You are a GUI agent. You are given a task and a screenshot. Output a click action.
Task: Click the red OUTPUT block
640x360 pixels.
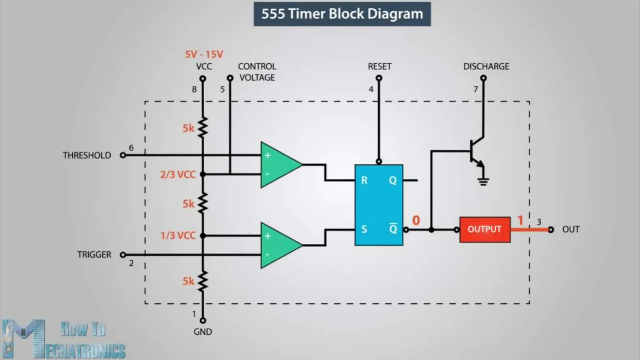tap(485, 230)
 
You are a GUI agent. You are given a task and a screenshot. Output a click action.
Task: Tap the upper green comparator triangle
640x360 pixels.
tap(278, 165)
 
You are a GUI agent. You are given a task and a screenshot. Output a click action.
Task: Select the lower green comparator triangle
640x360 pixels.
tap(278, 245)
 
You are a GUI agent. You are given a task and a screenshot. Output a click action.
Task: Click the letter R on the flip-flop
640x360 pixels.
tap(364, 180)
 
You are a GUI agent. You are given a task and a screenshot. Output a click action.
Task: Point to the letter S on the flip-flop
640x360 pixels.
tap(364, 229)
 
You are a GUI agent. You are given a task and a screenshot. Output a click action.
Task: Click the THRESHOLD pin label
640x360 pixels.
tap(87, 155)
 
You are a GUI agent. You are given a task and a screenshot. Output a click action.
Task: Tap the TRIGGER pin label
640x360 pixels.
tap(94, 255)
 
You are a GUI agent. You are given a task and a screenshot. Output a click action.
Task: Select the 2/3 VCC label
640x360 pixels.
tap(178, 174)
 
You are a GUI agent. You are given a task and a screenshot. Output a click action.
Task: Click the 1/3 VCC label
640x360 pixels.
tap(178, 235)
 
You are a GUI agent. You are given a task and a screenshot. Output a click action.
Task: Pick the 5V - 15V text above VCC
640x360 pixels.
tap(204, 54)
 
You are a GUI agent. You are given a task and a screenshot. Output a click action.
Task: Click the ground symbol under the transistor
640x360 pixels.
tap(483, 181)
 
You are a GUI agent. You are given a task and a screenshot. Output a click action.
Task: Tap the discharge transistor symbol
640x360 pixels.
tap(477, 152)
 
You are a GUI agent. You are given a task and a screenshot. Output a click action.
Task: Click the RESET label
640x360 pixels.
tap(379, 67)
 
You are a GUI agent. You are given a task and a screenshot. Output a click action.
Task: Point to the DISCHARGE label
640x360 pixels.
tap(486, 67)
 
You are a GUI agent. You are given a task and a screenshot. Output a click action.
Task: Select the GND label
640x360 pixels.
tap(202, 332)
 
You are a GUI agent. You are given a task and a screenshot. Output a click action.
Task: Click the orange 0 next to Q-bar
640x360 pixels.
tap(416, 220)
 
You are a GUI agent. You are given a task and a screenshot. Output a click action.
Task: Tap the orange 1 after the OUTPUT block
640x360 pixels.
tap(520, 220)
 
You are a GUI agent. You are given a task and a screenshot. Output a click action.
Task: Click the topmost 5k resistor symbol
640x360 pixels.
tap(203, 127)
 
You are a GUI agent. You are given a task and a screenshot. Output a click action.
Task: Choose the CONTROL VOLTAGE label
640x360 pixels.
tap(257, 72)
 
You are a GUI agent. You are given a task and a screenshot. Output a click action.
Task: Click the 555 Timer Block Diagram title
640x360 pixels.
tap(342, 14)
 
